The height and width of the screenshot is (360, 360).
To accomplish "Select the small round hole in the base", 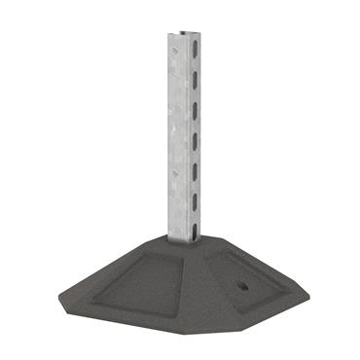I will pos(240,289).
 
